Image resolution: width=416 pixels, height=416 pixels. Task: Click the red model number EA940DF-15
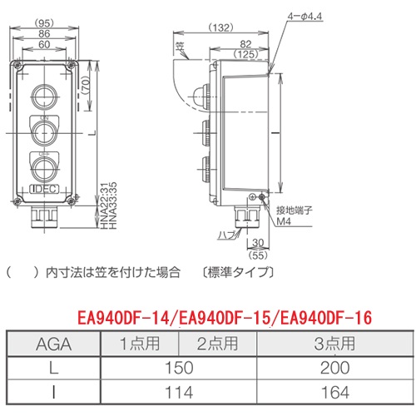(223, 318)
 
